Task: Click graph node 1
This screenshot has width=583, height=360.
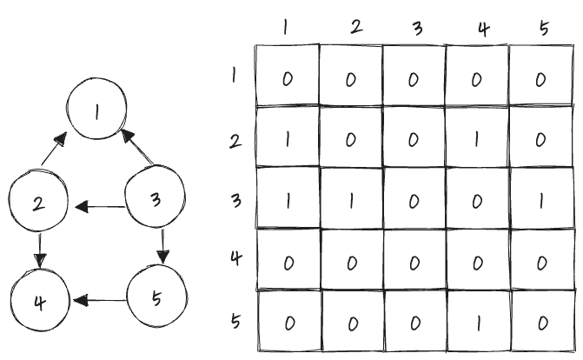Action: [97, 113]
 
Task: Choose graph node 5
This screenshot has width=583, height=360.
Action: [156, 300]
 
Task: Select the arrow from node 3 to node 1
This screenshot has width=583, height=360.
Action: [136, 149]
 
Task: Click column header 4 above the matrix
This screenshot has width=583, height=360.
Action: [483, 27]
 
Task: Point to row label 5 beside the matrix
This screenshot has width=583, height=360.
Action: [235, 318]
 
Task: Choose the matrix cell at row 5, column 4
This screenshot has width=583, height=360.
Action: [477, 322]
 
